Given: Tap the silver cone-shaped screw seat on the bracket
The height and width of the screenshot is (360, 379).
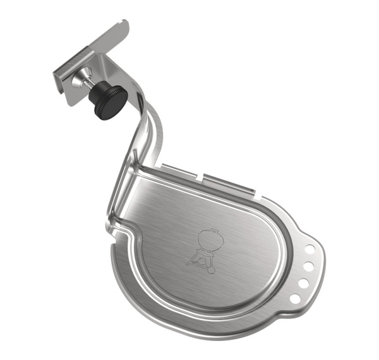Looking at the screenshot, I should pos(78,80).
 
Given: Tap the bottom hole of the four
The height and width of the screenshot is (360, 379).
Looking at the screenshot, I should pos(295,297).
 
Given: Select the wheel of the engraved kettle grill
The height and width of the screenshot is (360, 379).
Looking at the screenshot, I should pos(210,270).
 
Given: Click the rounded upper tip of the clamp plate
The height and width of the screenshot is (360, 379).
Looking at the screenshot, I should pos(123,27).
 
